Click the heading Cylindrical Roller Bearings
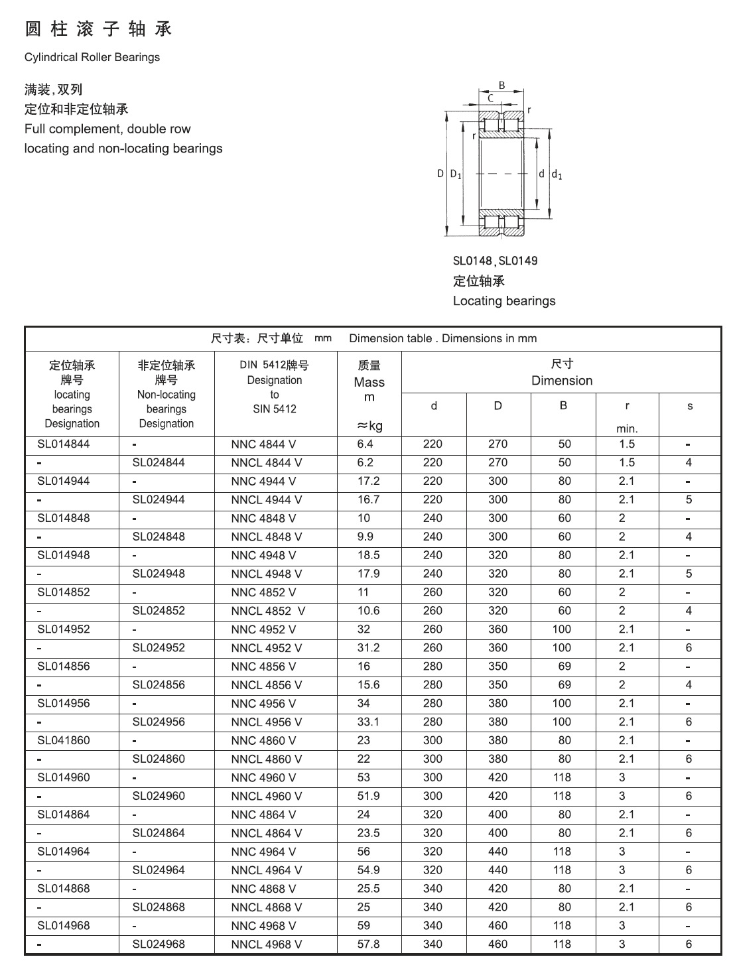coord(92,57)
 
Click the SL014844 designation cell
coord(63,444)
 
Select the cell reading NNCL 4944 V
coord(266,500)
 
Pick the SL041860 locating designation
coord(63,741)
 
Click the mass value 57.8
coord(368,944)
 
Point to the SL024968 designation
coord(159,944)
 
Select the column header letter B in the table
coord(563,405)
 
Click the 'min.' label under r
coord(627,429)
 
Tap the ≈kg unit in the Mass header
coord(369,426)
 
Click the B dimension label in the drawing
coord(502,85)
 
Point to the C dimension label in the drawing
coord(490,98)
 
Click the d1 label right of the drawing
coord(557,175)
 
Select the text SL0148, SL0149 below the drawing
coord(495,261)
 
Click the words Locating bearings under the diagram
coord(504,301)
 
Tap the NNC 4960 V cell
coord(263,778)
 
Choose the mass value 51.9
coord(368,797)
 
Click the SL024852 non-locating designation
coord(159,611)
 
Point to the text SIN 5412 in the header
coord(274,409)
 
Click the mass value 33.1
coord(368,722)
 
